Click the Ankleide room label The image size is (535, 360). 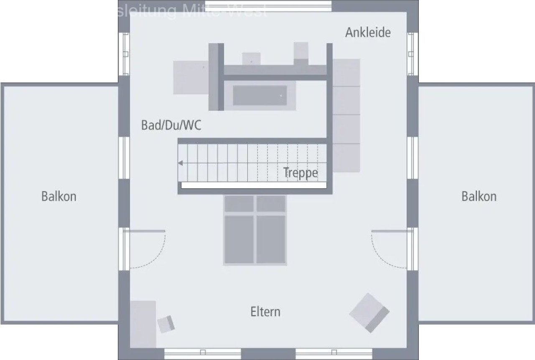(x=368, y=33)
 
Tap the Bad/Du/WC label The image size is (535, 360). (x=171, y=125)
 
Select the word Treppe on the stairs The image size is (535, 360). (x=301, y=172)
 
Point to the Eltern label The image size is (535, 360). (x=265, y=311)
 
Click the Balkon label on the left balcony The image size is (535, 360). (x=59, y=196)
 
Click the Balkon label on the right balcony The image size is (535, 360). (x=479, y=196)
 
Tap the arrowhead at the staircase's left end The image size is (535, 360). (x=180, y=163)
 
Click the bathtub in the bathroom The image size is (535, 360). (x=260, y=95)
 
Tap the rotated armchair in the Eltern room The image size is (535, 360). (x=369, y=312)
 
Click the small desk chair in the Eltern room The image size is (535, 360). (x=166, y=324)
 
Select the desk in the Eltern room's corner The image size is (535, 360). (x=143, y=324)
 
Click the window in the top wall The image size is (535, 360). (x=268, y=6)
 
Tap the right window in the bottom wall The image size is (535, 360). (x=334, y=354)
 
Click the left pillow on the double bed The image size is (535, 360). (x=239, y=204)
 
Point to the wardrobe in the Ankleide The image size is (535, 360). (x=346, y=115)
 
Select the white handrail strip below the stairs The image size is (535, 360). (x=253, y=185)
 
